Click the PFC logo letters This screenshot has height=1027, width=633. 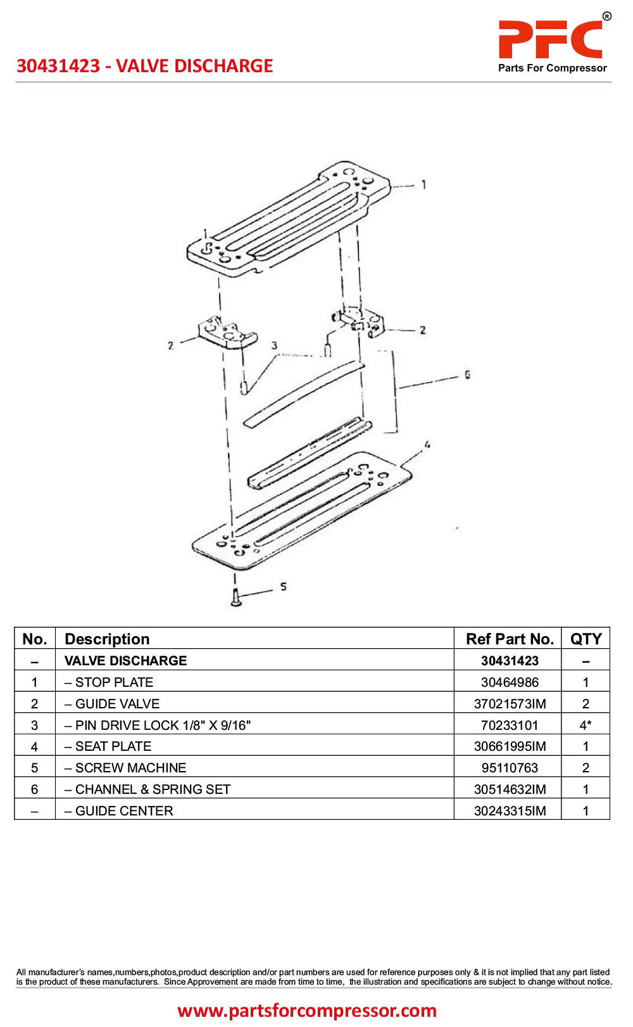[x=550, y=39]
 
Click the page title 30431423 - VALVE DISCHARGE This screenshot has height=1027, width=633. [x=145, y=66]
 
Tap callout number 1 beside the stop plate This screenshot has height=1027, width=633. [x=423, y=184]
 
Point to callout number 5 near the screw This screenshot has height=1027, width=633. [x=284, y=587]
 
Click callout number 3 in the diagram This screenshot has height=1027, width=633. [x=274, y=345]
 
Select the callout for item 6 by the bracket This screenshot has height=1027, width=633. [x=467, y=374]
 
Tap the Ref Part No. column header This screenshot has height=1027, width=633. [x=510, y=639]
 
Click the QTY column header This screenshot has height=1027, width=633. [x=586, y=639]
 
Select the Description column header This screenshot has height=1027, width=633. [x=107, y=639]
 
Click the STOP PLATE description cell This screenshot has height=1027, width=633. [x=109, y=682]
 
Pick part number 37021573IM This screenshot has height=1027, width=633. [x=510, y=704]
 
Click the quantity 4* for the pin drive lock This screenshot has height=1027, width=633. [x=586, y=725]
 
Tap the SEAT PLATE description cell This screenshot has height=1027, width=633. [x=108, y=746]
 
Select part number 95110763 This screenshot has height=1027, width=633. [x=510, y=768]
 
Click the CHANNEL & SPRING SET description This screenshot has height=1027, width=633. [x=147, y=789]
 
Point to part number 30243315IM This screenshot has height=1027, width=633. [x=510, y=811]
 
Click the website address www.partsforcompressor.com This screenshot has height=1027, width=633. [x=307, y=1011]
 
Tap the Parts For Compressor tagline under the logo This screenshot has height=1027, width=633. [x=552, y=68]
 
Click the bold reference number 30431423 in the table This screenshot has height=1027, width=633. [x=510, y=661]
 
